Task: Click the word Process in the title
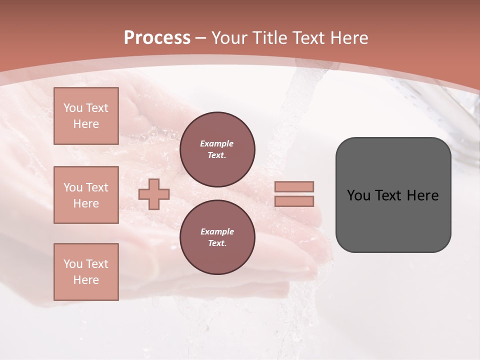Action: [157, 38]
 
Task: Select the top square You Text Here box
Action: [86, 116]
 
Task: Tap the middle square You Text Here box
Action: [86, 195]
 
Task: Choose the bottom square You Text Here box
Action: [86, 272]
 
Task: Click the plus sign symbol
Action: [154, 194]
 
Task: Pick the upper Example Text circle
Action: [217, 149]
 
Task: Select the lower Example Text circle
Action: [217, 237]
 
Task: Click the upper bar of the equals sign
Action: [294, 186]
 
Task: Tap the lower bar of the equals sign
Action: [294, 201]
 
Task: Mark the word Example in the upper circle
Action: [217, 143]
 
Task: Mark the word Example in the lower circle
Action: [217, 231]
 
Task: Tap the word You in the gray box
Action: [358, 195]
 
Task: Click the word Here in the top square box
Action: [86, 124]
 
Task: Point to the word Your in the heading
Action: [228, 38]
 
